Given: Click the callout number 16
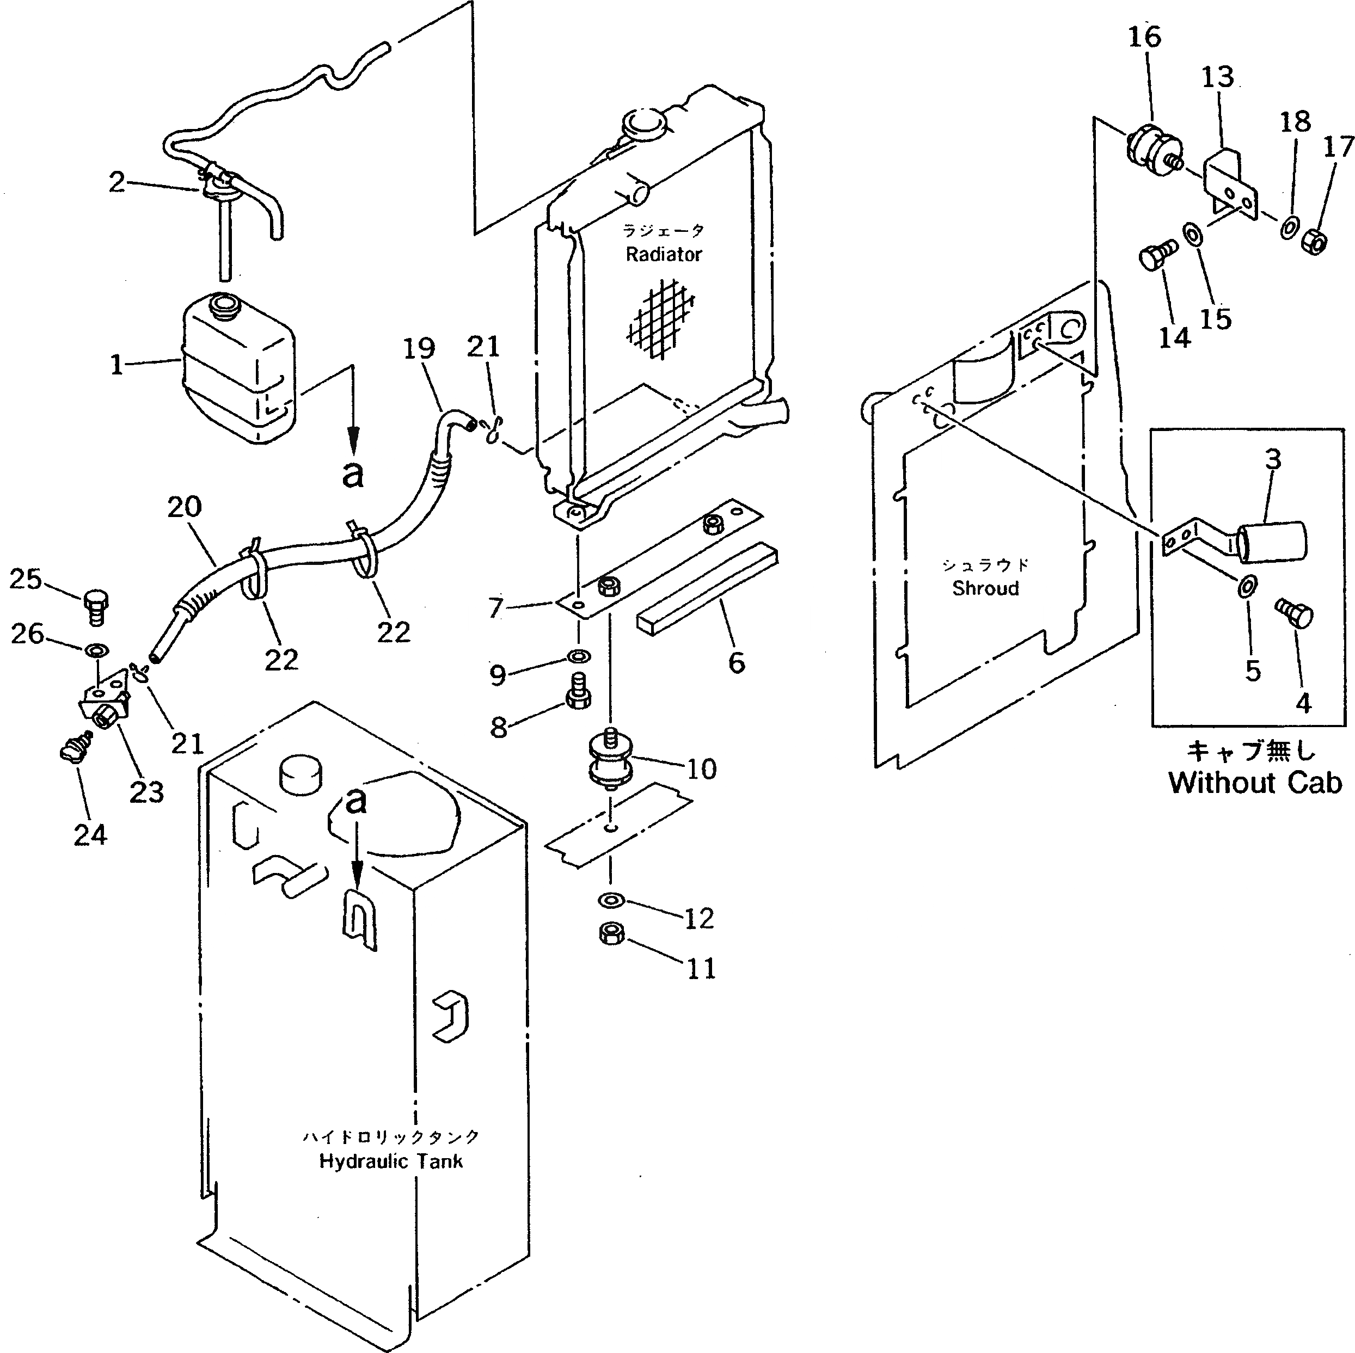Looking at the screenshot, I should click(x=1144, y=36).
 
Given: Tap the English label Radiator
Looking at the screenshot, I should click(x=664, y=255).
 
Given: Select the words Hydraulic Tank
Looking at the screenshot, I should click(x=391, y=1161).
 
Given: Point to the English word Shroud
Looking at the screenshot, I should click(x=985, y=588).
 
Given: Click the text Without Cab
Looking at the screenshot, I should click(x=1255, y=783).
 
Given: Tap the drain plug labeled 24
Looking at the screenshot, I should click(x=75, y=751).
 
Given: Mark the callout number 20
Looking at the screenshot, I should click(x=184, y=507).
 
